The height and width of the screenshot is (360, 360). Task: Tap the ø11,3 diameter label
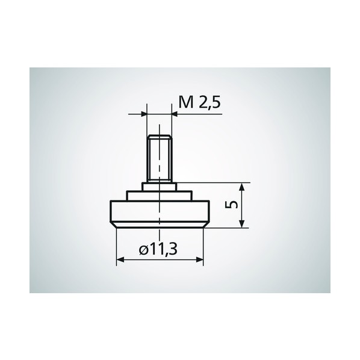[x=158, y=249]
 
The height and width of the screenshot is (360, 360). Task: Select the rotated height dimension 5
[x=231, y=204]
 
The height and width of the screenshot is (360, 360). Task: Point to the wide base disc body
[x=160, y=211]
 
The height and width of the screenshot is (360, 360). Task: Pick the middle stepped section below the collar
[x=160, y=196]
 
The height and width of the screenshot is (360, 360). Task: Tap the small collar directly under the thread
[x=160, y=187]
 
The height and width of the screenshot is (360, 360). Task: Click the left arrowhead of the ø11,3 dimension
[x=120, y=259]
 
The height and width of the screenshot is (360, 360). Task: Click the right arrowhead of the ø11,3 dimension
[x=199, y=259]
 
